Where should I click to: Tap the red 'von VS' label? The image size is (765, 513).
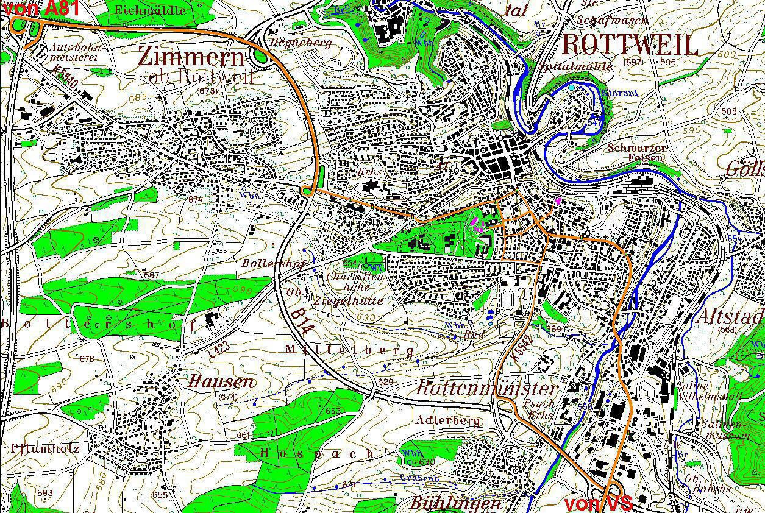[x=598, y=504]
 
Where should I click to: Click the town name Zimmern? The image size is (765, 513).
[x=191, y=57]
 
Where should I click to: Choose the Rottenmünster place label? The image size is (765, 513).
[x=486, y=389]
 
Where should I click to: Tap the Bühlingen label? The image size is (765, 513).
[x=455, y=503]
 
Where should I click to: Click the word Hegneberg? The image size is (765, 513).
[x=302, y=43]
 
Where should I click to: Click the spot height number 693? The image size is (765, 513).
[x=44, y=492]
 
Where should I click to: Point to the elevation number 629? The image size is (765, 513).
[x=385, y=381]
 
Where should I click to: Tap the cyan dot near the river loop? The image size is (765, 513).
[x=571, y=88]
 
